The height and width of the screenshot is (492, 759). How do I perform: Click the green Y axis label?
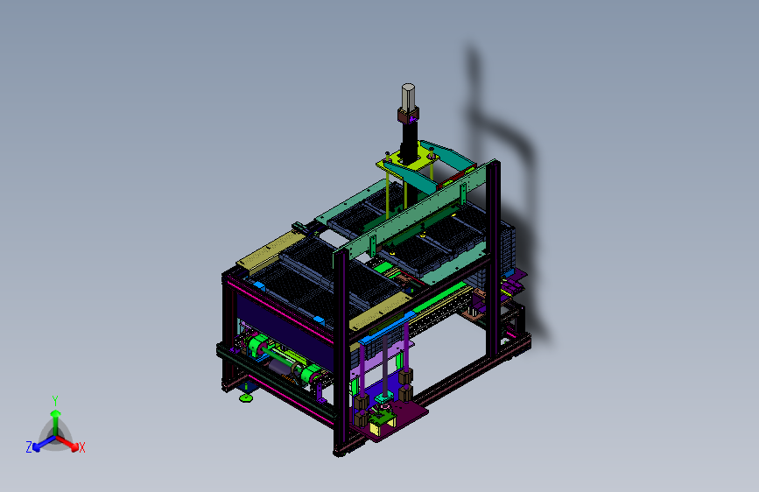point(55,401)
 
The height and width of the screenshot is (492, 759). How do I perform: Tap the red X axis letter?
point(81,447)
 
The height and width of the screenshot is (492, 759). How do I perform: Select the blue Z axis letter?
point(29,447)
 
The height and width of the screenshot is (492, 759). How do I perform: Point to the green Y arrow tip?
point(56,413)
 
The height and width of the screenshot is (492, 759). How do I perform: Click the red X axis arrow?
point(67,442)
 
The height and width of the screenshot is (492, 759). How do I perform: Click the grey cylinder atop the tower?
point(408,96)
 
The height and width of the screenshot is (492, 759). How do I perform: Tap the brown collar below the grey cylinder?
point(408,116)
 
